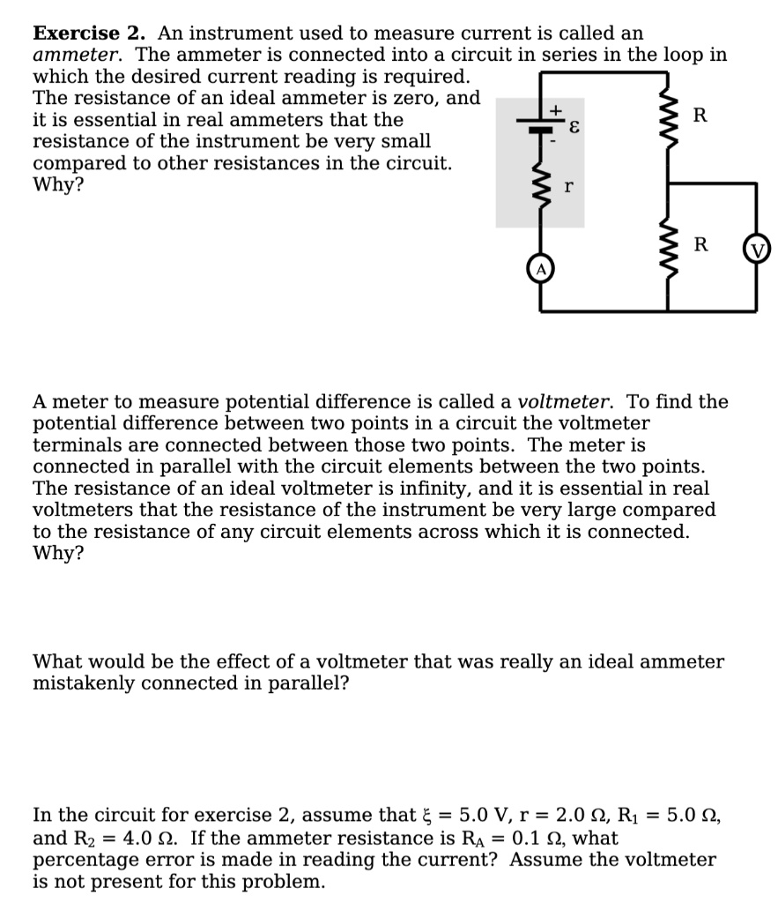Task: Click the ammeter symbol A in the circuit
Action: (x=540, y=268)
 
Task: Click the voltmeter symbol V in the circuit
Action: (x=757, y=249)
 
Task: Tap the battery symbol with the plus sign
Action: (x=540, y=127)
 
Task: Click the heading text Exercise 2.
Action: (x=89, y=34)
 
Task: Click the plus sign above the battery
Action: (x=556, y=109)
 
